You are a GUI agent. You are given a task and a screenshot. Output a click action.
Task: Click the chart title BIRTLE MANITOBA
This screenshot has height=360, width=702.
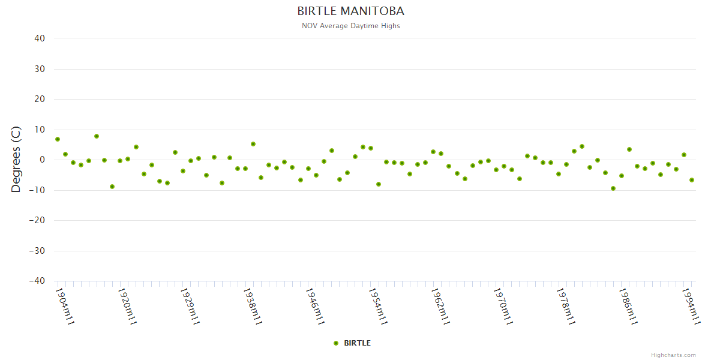[350, 11]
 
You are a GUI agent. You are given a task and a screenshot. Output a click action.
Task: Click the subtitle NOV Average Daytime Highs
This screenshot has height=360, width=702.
[350, 26]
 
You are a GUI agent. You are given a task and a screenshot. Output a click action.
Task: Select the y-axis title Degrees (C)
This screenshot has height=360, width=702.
[16, 159]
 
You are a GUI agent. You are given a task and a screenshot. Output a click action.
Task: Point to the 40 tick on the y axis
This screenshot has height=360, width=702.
[40, 38]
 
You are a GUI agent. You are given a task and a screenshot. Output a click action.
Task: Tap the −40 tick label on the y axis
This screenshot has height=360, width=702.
[37, 281]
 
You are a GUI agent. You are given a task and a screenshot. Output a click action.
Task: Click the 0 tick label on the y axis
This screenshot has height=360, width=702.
[42, 160]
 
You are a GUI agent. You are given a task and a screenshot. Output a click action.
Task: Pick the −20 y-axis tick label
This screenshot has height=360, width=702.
[37, 220]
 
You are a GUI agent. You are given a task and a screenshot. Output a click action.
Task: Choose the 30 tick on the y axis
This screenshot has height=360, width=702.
[40, 69]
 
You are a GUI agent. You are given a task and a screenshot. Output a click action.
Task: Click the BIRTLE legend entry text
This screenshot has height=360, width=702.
[357, 343]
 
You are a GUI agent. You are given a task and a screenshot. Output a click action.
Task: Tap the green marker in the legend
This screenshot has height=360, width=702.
[336, 343]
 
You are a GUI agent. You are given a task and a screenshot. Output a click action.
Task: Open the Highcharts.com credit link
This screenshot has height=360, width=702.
[673, 355]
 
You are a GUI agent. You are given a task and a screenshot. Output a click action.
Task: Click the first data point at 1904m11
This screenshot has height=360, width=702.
[58, 139]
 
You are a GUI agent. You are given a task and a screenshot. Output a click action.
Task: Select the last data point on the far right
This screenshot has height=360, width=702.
[692, 180]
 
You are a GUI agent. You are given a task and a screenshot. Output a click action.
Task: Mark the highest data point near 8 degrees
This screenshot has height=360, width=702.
[97, 136]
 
